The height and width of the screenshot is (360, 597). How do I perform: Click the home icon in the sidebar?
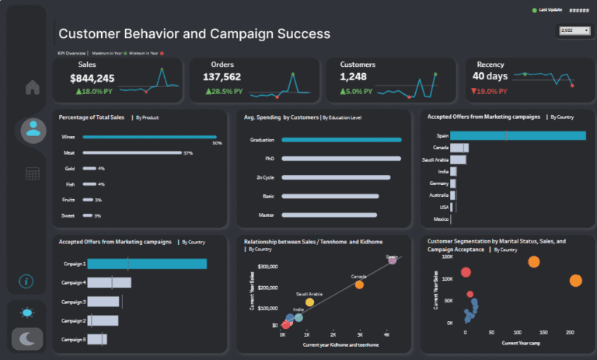pyautogui.click(x=33, y=87)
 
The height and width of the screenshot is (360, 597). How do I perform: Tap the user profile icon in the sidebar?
pyautogui.click(x=33, y=128)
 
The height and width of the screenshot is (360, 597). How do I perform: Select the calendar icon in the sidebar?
pyautogui.click(x=33, y=173)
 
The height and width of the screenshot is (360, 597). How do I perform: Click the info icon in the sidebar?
pyautogui.click(x=26, y=281)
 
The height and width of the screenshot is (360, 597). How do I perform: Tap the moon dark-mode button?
pyautogui.click(x=27, y=338)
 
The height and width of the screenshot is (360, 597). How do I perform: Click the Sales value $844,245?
pyautogui.click(x=92, y=78)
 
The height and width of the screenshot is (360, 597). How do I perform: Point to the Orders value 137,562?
pyautogui.click(x=222, y=78)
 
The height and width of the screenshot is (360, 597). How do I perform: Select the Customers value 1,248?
pyautogui.click(x=358, y=78)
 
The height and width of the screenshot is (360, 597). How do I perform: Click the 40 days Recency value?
pyautogui.click(x=490, y=76)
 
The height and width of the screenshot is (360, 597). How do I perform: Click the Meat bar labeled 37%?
pyautogui.click(x=131, y=153)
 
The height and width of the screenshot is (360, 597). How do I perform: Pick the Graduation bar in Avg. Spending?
pyautogui.click(x=341, y=140)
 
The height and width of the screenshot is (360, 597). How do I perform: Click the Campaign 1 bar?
pyautogui.click(x=147, y=264)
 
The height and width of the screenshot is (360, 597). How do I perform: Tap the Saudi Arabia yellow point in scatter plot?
pyautogui.click(x=309, y=302)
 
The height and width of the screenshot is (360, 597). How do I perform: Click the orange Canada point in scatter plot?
pyautogui.click(x=359, y=285)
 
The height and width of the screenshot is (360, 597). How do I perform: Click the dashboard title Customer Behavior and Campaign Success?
pyautogui.click(x=194, y=34)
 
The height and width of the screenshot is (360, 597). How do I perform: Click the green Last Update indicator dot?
pyautogui.click(x=534, y=10)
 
